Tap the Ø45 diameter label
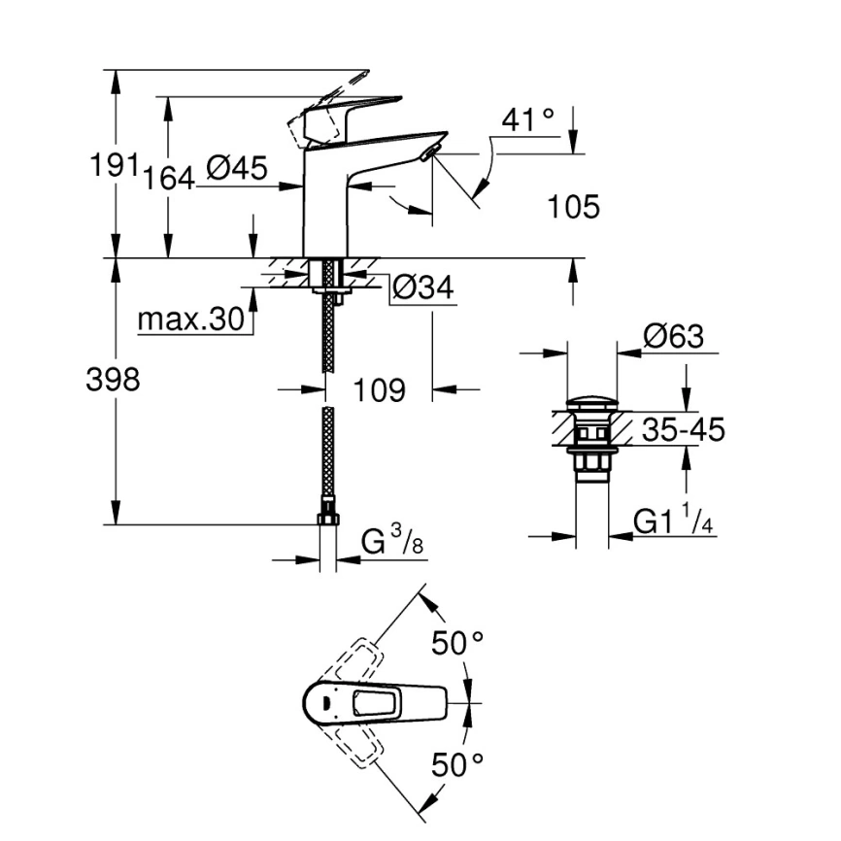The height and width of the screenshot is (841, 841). coord(236,169)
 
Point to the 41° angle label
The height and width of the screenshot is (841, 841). coord(528,120)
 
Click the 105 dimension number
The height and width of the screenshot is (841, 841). coord(574,207)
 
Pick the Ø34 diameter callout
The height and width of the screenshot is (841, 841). coord(423,286)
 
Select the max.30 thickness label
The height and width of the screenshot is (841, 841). coord(190,320)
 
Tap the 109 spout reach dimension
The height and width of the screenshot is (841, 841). coord(379,390)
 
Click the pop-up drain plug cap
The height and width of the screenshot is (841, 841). coord(591,402)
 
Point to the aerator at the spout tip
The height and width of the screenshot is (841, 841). coord(429,151)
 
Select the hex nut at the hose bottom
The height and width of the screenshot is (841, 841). coord(328,516)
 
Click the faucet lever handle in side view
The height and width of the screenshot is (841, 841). coord(350,110)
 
